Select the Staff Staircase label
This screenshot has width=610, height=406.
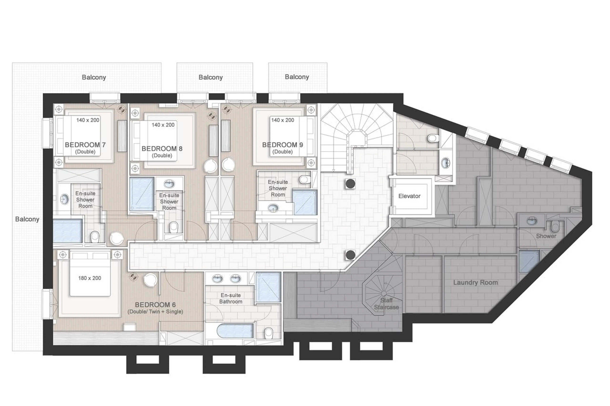tap(386, 304)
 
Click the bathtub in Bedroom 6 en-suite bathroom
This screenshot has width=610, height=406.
tap(235, 331)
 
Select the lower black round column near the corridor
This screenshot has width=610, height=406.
tap(350, 255)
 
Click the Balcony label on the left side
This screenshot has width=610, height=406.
tap(27, 219)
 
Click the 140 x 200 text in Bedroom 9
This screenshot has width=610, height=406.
tap(282, 120)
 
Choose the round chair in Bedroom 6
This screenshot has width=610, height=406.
tap(151, 280)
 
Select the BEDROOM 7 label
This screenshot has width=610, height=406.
tap(85, 145)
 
